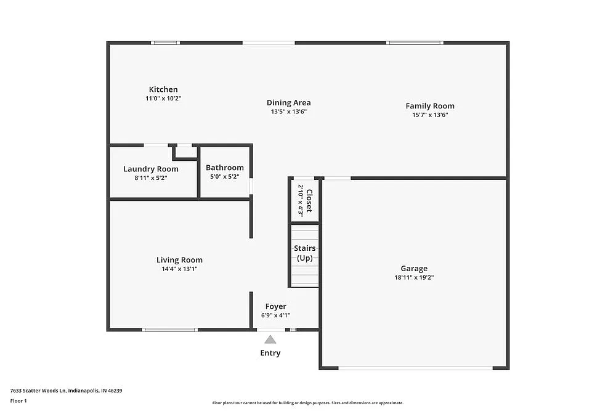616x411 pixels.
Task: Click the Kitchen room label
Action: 163,89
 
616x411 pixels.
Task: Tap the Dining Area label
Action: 288,103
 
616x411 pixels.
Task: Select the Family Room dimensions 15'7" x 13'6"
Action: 430,115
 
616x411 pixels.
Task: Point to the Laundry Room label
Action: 151,169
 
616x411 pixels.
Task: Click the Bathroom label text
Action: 225,168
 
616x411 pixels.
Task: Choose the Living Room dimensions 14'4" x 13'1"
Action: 179,269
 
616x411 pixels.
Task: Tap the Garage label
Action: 414,269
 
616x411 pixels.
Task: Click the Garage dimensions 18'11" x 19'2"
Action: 414,277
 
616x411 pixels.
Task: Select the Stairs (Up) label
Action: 305,253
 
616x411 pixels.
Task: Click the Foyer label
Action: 275,306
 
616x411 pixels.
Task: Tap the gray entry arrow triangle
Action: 270,339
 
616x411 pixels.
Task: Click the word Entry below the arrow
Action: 270,353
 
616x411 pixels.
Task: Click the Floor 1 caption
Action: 18,401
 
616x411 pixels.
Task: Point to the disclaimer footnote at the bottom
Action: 308,402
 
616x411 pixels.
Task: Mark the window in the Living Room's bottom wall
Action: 169,330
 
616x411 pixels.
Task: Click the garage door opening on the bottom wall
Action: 415,368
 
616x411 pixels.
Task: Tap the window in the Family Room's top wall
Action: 415,43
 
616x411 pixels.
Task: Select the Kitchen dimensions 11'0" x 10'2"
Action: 163,98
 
